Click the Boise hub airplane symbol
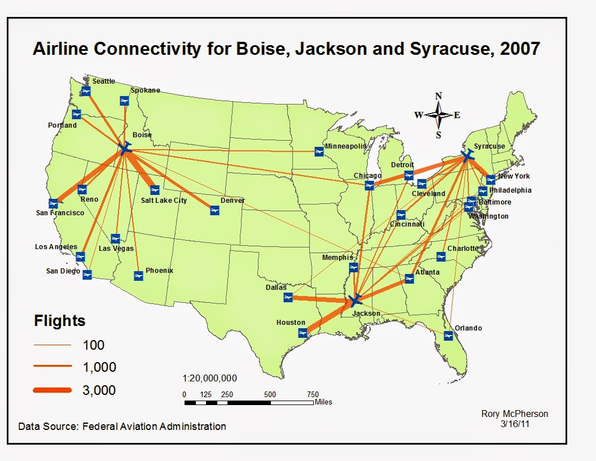click(x=125, y=149)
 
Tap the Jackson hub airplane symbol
click(x=355, y=300)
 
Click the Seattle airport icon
click(x=86, y=92)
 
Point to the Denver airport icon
click(x=214, y=210)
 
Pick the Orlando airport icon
click(x=448, y=336)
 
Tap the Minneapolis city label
click(x=345, y=146)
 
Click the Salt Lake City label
click(x=164, y=201)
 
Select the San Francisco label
click(x=60, y=213)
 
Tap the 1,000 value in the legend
click(x=99, y=367)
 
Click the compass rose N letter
click(x=439, y=96)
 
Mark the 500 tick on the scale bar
click(x=270, y=394)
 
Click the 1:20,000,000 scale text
click(x=210, y=378)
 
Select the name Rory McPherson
click(x=514, y=414)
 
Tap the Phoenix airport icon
click(x=138, y=276)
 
